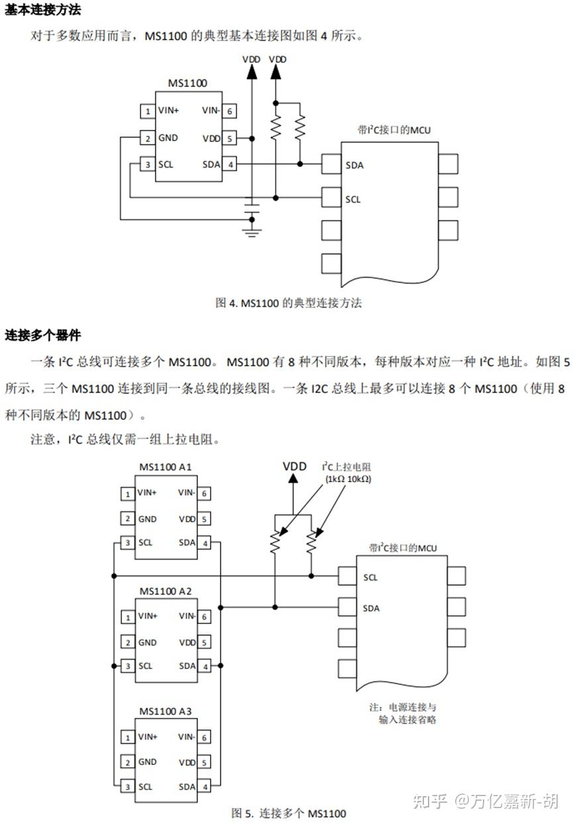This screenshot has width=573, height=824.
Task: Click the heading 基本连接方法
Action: coord(43,11)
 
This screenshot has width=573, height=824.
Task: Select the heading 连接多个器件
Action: coord(43,335)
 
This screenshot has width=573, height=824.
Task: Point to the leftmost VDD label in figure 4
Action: coord(251,60)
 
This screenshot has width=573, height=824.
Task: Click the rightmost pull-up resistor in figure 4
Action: coord(300,127)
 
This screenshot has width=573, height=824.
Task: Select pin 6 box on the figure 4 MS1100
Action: coord(229,111)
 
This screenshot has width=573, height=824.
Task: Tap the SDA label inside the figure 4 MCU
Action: coord(354,165)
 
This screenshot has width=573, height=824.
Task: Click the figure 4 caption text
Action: coord(289,303)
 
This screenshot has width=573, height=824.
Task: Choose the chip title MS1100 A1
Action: coord(166,467)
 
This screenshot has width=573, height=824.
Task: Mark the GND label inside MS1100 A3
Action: coord(147,762)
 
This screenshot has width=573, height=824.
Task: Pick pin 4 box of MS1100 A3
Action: coord(205,787)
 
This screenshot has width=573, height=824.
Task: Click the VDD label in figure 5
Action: coord(295,466)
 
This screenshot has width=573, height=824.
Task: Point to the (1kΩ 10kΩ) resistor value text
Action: coord(347,479)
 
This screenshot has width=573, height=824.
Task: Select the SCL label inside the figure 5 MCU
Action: coord(370,578)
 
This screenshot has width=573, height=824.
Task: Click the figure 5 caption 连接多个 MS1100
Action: coord(289,813)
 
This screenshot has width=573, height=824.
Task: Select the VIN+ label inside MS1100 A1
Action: coord(148,493)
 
